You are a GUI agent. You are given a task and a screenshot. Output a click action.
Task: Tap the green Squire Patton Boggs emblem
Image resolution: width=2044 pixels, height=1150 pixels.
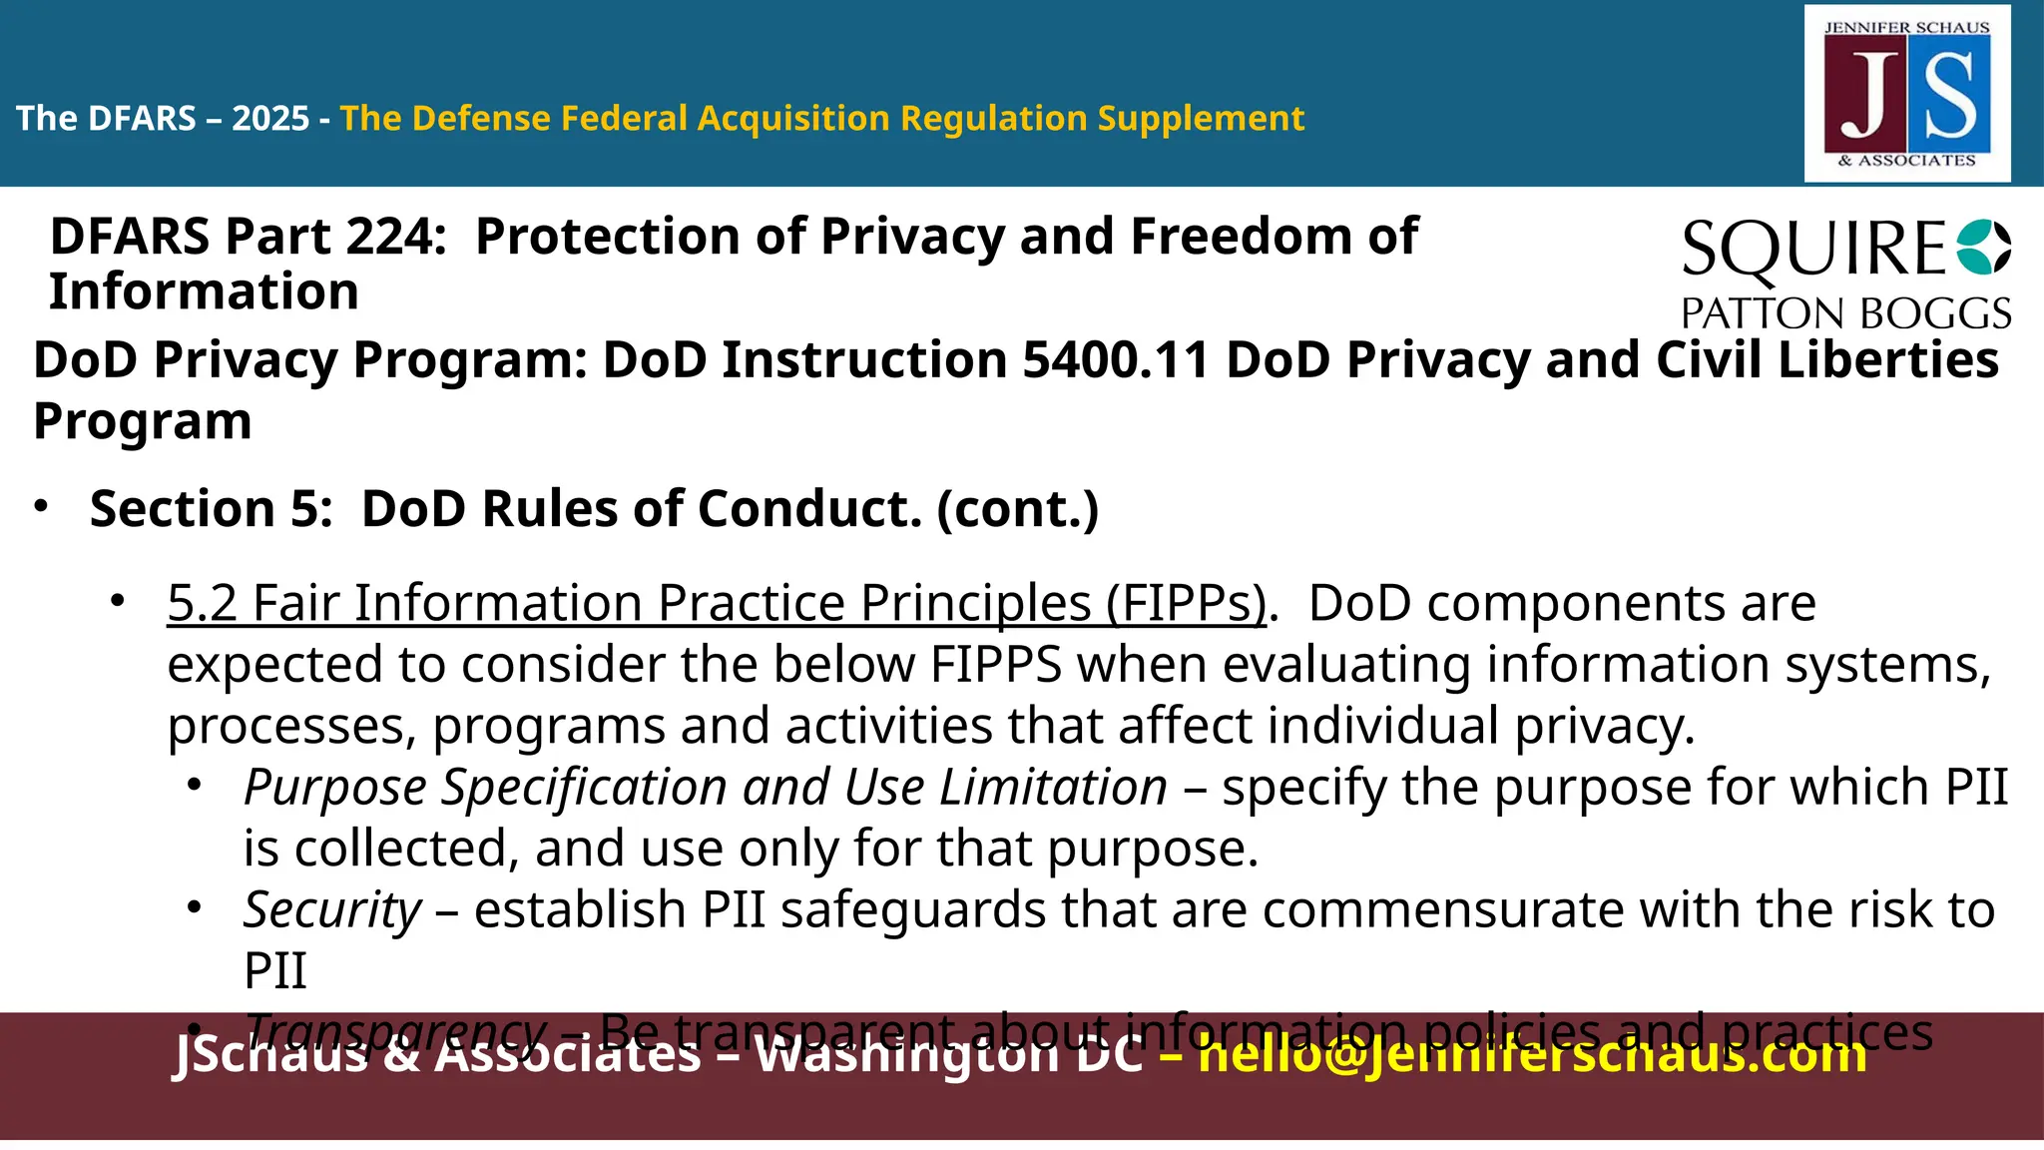pyautogui.click(x=1983, y=248)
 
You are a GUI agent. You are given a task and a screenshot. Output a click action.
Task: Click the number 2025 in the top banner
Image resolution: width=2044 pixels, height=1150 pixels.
pyautogui.click(x=270, y=119)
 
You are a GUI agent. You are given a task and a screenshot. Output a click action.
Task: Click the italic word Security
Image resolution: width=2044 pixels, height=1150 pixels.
pyautogui.click(x=332, y=910)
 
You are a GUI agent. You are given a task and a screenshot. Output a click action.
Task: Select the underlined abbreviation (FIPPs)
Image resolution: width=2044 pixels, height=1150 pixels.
pyautogui.click(x=1186, y=604)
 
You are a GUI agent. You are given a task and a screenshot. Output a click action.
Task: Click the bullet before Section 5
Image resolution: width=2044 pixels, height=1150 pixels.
pyautogui.click(x=41, y=507)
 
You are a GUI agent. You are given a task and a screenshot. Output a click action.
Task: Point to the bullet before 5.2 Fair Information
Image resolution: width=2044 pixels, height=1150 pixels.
pyautogui.click(x=118, y=601)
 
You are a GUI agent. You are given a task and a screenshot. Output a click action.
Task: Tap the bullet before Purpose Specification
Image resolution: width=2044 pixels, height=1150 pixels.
pyautogui.click(x=195, y=786)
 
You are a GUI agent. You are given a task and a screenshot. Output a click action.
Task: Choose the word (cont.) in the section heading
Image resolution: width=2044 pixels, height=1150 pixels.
pyautogui.click(x=1017, y=510)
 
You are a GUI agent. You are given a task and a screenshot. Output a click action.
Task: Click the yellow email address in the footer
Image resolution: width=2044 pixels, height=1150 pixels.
pyautogui.click(x=1531, y=1053)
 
